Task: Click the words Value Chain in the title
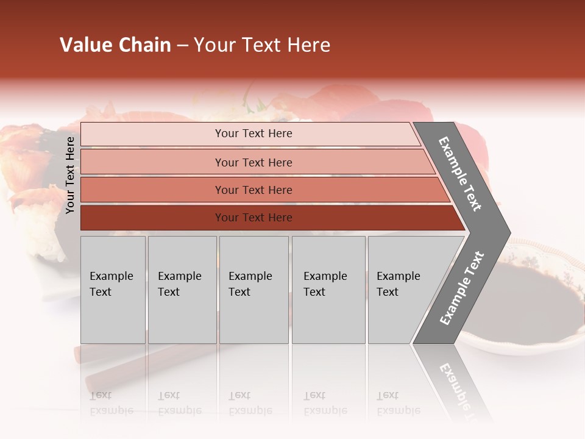[x=115, y=45]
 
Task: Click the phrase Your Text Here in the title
[x=262, y=45]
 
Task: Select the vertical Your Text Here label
[x=70, y=175]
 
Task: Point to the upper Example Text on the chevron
[x=460, y=174]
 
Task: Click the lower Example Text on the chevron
[x=461, y=288]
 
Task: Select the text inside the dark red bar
[x=253, y=218]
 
